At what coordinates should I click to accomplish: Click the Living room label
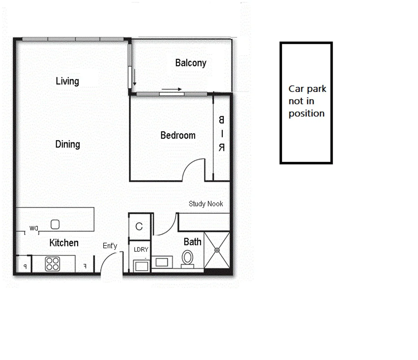click(67, 81)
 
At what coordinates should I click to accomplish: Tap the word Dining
click(67, 144)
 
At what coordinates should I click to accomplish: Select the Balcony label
click(190, 63)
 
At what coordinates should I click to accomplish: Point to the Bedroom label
click(178, 135)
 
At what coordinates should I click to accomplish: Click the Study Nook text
click(205, 204)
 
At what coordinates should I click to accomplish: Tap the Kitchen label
click(64, 243)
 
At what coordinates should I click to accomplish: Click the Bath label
click(192, 242)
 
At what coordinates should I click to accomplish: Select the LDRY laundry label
click(141, 249)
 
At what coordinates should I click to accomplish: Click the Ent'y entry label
click(110, 246)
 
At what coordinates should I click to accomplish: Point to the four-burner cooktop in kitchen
click(52, 264)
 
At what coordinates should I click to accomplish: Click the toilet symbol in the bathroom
click(187, 258)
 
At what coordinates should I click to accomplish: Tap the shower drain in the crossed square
click(217, 250)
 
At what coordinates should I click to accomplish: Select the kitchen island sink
click(55, 224)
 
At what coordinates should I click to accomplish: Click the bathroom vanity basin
click(162, 262)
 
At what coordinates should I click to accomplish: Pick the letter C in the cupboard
click(139, 227)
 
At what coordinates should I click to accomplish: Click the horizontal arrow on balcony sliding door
click(172, 89)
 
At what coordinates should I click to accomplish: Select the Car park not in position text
click(307, 101)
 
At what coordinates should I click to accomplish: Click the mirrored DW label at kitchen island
click(34, 228)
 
